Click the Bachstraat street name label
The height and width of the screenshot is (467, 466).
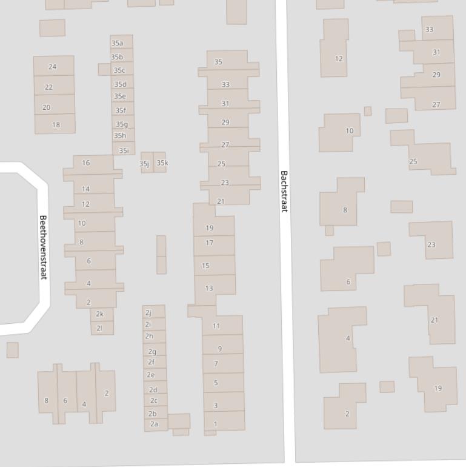(x=284, y=191)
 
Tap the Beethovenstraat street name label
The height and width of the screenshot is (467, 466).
(x=43, y=247)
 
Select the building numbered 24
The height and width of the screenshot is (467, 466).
(x=53, y=67)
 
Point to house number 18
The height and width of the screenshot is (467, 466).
(x=56, y=125)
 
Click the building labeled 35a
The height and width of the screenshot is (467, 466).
(x=118, y=43)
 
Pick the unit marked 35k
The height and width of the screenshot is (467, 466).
(x=162, y=163)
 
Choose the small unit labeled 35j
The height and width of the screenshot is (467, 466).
(x=145, y=163)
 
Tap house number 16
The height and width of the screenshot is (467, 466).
(x=86, y=163)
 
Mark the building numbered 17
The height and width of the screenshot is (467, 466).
(x=210, y=243)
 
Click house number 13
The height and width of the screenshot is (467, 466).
(x=209, y=288)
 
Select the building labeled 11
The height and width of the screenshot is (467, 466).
(x=216, y=326)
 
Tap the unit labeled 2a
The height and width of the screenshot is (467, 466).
(x=155, y=424)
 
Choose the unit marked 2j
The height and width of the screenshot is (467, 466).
(x=148, y=312)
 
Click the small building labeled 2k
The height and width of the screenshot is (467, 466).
(x=100, y=314)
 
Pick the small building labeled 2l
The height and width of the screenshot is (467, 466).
(x=100, y=328)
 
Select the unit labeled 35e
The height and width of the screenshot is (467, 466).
(x=121, y=96)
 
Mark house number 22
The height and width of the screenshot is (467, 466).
(x=49, y=87)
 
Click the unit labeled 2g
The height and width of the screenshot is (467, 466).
(x=153, y=351)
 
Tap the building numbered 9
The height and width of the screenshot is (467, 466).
(x=220, y=349)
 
